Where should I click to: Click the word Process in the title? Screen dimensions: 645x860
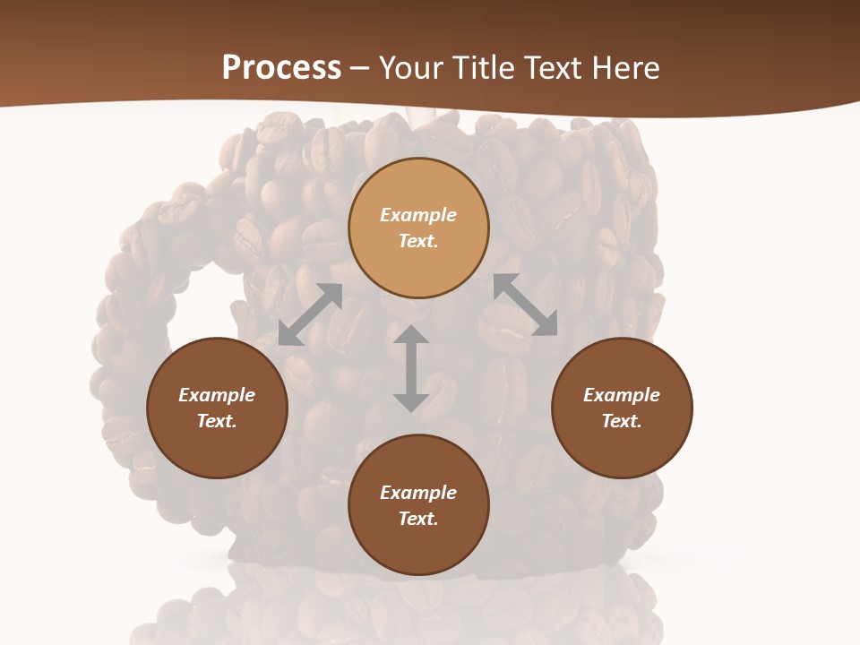click(x=281, y=68)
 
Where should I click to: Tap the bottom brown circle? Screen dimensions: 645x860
click(x=418, y=546)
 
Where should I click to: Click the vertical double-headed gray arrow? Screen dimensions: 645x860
click(x=410, y=368)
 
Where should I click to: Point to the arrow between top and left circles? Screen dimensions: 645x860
click(x=311, y=314)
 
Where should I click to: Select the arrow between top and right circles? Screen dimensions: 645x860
click(x=526, y=305)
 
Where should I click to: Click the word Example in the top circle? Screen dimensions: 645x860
click(x=418, y=215)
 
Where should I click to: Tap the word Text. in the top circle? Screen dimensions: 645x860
click(x=418, y=241)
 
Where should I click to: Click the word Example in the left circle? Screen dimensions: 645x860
click(x=217, y=395)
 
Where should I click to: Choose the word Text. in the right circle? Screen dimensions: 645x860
click(x=622, y=421)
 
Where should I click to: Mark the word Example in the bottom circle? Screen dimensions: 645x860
click(x=418, y=493)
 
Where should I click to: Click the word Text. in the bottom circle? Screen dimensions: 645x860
click(x=418, y=519)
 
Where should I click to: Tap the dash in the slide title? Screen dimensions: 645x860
click(x=360, y=69)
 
